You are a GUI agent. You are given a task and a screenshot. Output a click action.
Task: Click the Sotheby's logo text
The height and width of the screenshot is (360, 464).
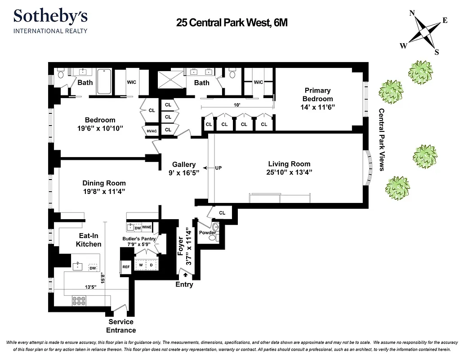[50, 16]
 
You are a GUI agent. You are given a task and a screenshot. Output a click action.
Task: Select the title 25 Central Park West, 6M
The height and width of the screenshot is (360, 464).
[232, 22]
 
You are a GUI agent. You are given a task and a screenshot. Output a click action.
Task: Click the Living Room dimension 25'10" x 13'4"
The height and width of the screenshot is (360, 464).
[289, 172]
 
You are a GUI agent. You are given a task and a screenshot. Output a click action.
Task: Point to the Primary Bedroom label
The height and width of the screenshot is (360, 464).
[317, 95]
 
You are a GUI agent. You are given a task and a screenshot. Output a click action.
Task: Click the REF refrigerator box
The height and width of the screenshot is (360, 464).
[126, 267]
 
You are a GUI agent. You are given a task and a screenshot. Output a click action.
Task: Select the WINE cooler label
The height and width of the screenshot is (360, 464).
[147, 228]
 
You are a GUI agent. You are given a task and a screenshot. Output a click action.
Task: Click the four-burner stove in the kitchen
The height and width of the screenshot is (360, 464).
[80, 300]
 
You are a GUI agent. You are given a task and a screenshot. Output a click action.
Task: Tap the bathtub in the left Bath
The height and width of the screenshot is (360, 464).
[104, 81]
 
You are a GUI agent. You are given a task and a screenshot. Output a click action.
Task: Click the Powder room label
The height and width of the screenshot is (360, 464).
[207, 233]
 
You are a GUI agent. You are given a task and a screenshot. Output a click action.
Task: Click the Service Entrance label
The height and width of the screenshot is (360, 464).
[121, 326]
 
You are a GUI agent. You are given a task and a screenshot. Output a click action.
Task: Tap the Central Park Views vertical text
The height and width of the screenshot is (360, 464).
[381, 139]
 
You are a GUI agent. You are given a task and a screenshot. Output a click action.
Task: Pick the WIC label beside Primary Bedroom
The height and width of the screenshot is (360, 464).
[258, 82]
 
